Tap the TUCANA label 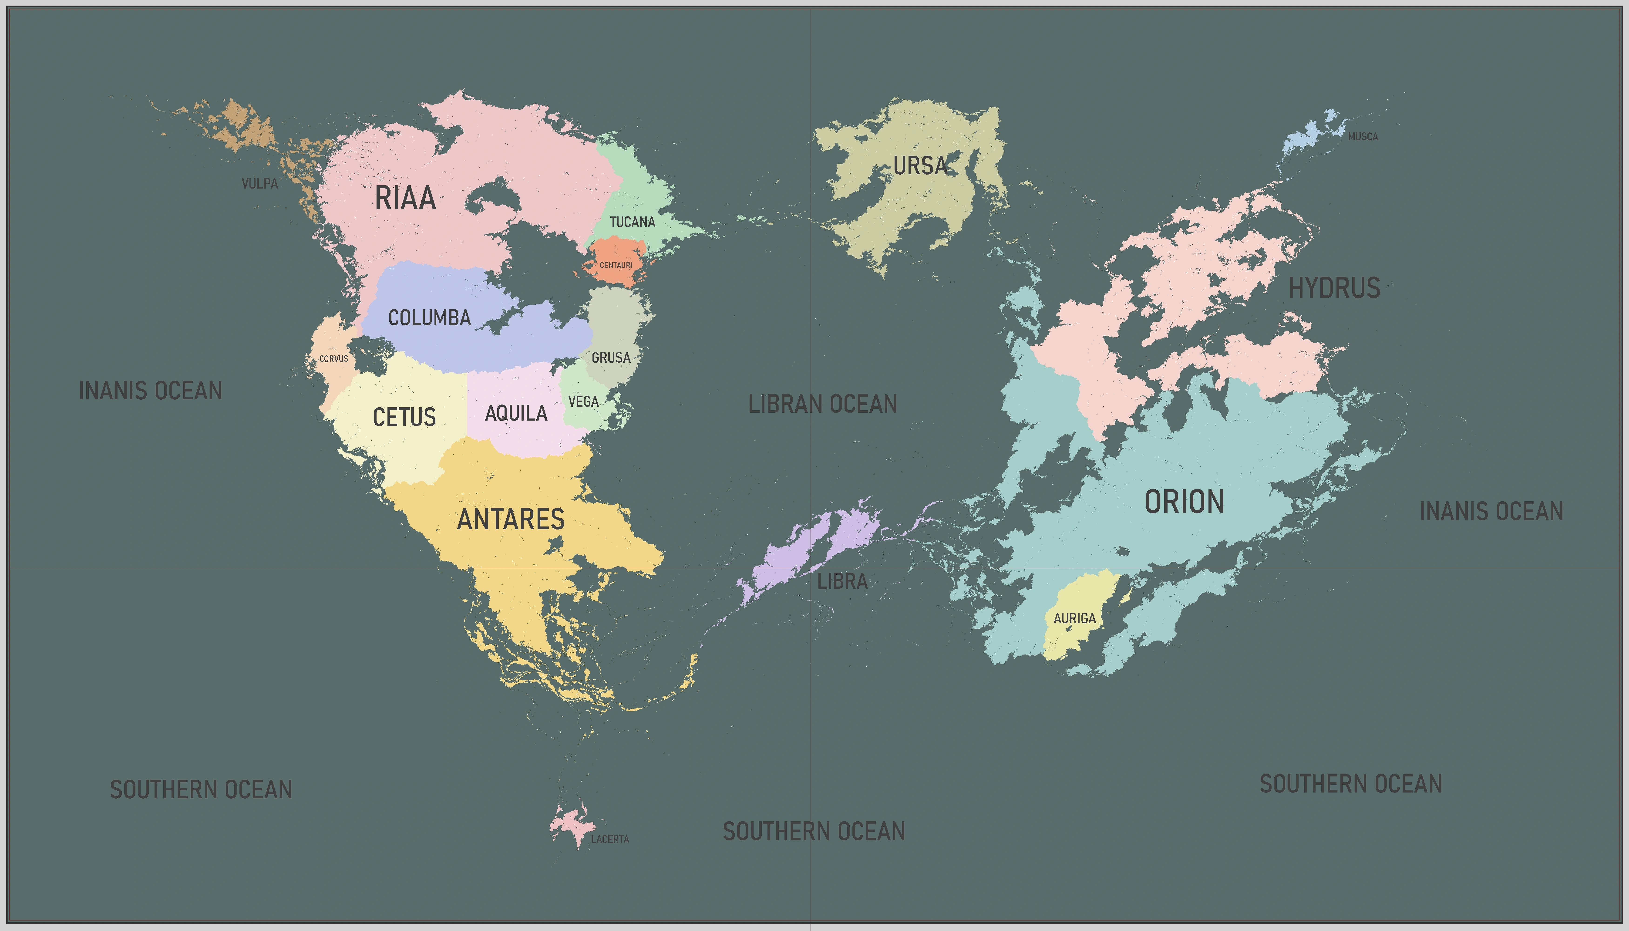point(632,222)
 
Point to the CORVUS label point(334,359)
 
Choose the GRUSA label point(611,358)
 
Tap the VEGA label point(583,401)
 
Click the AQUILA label point(516,414)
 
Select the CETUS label point(404,418)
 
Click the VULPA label point(259,183)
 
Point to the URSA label point(920,166)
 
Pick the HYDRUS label point(1334,288)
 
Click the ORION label point(1184,502)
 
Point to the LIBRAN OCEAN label point(823,404)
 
